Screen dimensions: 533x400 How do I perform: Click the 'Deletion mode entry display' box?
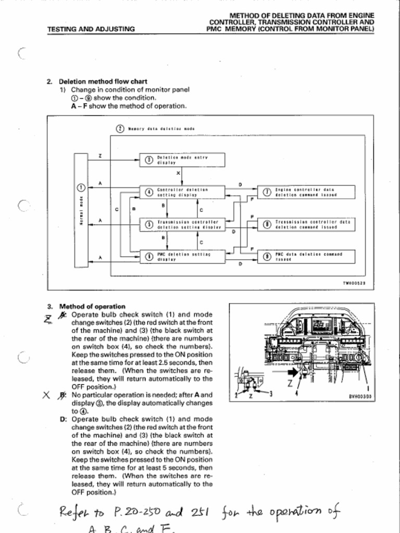tap(182, 160)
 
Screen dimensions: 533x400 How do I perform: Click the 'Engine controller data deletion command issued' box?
tap(307, 192)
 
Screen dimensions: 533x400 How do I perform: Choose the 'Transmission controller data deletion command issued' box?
tap(307, 224)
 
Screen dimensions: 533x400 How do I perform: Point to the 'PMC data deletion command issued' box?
tap(307, 257)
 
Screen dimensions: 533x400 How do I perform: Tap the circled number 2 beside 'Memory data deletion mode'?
tap(119, 128)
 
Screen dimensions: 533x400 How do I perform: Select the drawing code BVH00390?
tap(360, 396)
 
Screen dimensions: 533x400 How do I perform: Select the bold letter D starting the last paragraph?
tap(63, 418)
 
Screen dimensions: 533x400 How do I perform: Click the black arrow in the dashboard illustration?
tap(293, 372)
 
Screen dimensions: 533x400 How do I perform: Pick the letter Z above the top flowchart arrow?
tap(100, 156)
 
